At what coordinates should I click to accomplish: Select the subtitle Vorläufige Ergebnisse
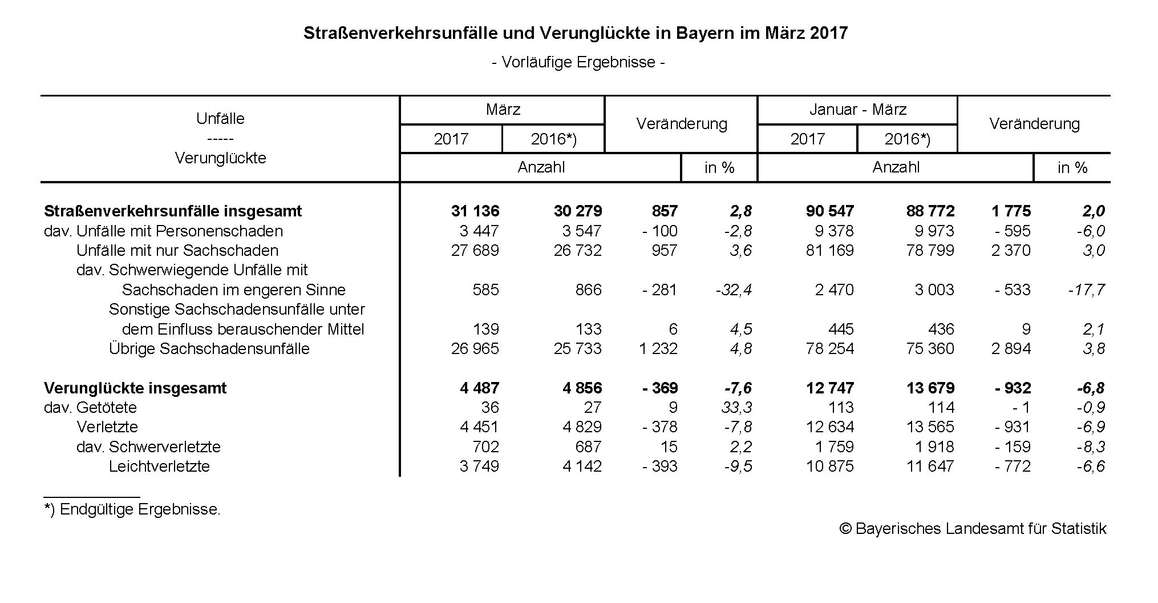[x=578, y=62]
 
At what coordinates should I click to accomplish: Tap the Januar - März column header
[x=857, y=109]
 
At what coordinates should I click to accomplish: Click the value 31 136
[x=475, y=211]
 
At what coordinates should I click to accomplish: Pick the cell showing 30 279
[x=577, y=211]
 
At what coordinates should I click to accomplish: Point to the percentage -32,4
[x=734, y=290]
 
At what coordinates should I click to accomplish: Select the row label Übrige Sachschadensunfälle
[x=209, y=348]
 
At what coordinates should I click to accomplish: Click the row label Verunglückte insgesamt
[x=135, y=388]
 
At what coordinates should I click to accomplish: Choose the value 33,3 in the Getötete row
[x=738, y=407]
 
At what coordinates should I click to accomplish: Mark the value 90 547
[x=829, y=211]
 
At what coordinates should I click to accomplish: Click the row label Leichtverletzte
[x=159, y=466]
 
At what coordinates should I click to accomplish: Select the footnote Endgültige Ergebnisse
[x=139, y=509]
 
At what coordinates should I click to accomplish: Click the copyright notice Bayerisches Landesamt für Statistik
[x=973, y=528]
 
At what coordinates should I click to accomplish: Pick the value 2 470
[x=834, y=290]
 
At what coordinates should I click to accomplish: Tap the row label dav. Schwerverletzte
[x=148, y=447]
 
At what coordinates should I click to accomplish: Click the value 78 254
[x=829, y=348]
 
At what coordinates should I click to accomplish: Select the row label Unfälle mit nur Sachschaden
[x=177, y=250]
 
